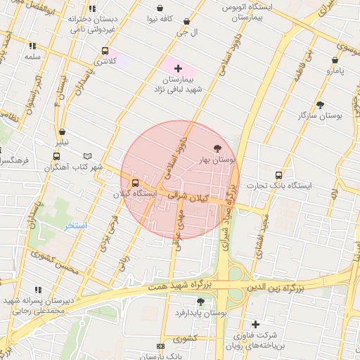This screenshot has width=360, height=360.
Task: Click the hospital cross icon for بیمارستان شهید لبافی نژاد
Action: [178, 69]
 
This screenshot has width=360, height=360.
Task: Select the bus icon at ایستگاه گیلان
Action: [136, 183]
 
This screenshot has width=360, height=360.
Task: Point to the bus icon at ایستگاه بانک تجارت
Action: [278, 176]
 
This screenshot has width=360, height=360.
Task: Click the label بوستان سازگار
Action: [321, 115]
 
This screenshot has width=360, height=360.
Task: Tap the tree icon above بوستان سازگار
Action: [321, 104]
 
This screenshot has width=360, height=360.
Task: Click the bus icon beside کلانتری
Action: [105, 51]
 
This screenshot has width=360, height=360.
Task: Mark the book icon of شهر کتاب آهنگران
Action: [87, 156]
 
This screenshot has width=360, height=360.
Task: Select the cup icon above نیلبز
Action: [63, 131]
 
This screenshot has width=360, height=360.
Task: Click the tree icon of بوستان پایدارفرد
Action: [200, 302]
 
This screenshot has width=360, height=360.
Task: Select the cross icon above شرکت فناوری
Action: [255, 324]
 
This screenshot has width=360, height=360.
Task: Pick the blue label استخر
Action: [75, 226]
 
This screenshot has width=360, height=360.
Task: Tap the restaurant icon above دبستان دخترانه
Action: [92, 9]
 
